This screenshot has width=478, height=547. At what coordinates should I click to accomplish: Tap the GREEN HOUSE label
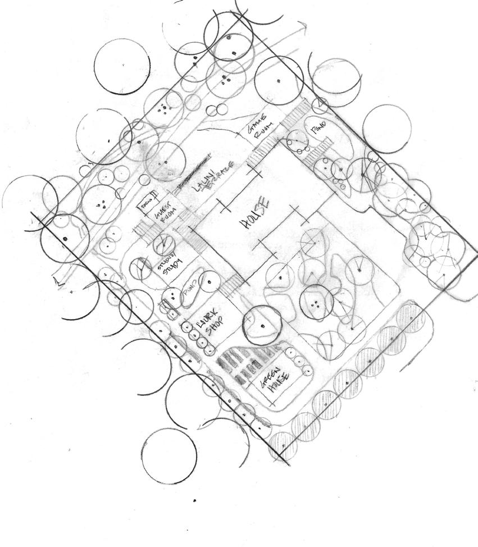[274, 379]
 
